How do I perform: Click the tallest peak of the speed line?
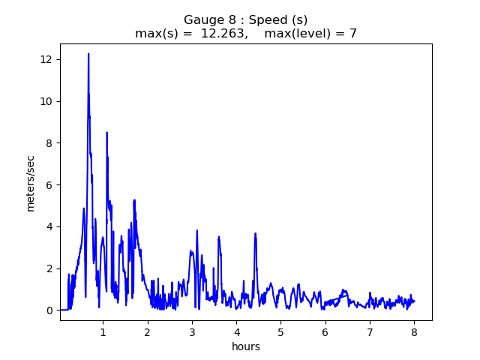(x=88, y=54)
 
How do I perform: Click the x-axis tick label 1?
(x=103, y=331)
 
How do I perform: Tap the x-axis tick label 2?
(x=147, y=331)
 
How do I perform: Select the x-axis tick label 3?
(x=192, y=331)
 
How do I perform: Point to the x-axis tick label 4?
(x=236, y=331)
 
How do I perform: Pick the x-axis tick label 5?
(x=280, y=331)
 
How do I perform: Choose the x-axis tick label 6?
(x=325, y=331)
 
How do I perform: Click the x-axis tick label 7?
(x=370, y=331)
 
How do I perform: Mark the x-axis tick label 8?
(x=414, y=331)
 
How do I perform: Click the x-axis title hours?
(x=246, y=346)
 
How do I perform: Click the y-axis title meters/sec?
(x=31, y=184)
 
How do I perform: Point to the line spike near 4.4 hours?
(x=255, y=234)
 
